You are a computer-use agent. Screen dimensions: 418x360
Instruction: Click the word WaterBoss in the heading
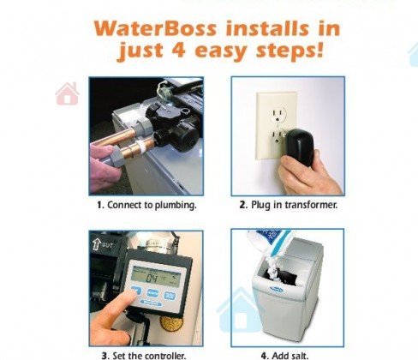click(155, 28)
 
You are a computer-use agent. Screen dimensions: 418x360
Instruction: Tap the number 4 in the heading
click(179, 51)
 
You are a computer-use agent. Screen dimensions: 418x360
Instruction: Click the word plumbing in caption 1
click(176, 205)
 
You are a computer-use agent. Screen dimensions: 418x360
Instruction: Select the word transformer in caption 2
click(311, 205)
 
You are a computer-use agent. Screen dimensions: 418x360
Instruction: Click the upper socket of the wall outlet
click(278, 114)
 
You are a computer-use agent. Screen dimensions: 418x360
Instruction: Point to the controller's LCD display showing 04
click(156, 277)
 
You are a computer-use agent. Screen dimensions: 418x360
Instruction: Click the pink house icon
click(67, 93)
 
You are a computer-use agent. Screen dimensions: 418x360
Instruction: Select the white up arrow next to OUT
click(97, 243)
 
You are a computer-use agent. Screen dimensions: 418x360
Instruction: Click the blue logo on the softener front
click(276, 290)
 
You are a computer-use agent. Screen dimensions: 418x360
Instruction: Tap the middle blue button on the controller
click(152, 293)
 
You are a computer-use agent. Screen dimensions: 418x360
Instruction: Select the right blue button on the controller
click(170, 295)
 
